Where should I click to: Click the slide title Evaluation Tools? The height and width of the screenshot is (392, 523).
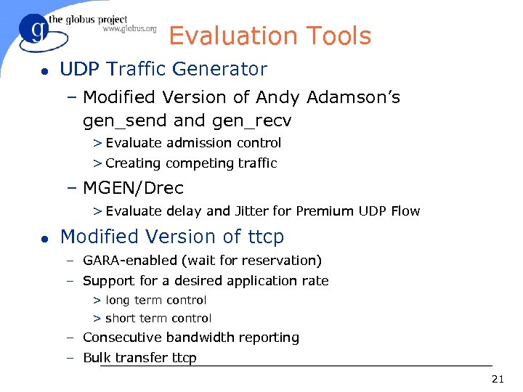(269, 36)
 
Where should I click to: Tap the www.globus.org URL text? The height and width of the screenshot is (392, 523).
(129, 30)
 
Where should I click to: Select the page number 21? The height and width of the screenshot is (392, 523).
(498, 378)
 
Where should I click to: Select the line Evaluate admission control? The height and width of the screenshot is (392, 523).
(192, 143)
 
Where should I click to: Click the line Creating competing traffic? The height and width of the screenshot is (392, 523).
(190, 163)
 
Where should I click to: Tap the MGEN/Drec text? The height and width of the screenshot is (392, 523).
(133, 188)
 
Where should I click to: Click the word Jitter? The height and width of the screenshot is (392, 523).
(252, 211)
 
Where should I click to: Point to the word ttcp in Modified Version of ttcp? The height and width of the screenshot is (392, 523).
(264, 237)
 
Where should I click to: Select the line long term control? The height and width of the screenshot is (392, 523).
(155, 300)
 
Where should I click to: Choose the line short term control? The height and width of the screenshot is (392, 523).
(158, 319)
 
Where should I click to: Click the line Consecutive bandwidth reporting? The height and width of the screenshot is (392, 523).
(190, 338)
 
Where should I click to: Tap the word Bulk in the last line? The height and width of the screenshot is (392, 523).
(97, 358)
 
